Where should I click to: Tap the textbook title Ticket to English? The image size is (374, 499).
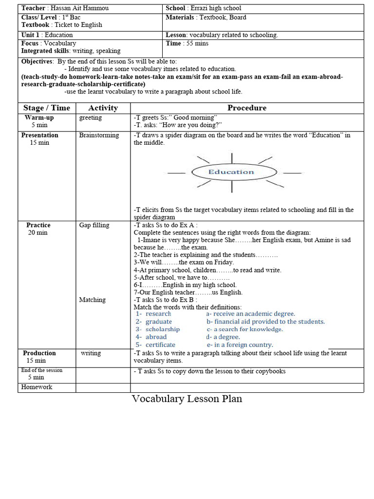[78, 25]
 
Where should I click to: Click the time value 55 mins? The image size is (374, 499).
[195, 43]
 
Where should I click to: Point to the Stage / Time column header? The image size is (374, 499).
[47, 108]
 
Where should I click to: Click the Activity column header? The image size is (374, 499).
[103, 108]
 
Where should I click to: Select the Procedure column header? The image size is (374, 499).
[247, 108]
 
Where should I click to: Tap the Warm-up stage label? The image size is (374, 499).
[39, 118]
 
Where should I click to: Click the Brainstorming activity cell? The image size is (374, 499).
[99, 135]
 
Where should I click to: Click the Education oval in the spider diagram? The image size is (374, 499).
[231, 172]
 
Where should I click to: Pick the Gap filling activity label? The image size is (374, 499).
[94, 225]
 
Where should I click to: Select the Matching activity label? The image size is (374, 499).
[92, 300]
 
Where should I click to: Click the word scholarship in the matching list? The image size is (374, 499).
[163, 329]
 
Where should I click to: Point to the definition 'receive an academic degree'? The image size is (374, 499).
[253, 314]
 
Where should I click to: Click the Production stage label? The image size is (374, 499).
[39, 353]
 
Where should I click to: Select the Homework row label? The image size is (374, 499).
[37, 387]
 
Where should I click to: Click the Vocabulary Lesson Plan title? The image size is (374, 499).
[187, 399]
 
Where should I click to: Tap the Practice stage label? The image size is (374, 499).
[38, 225]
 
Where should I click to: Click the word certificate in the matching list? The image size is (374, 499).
[161, 345]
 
